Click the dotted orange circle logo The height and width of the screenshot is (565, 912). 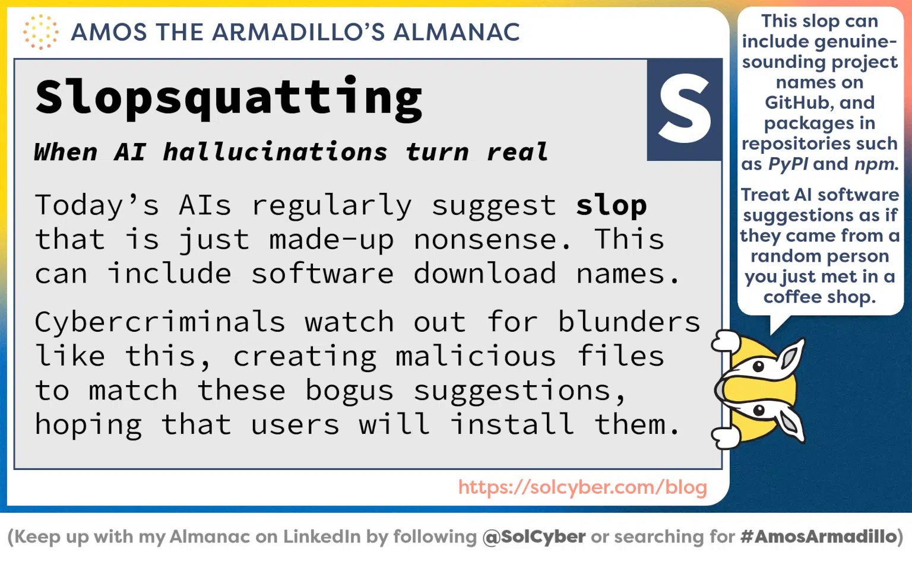click(x=40, y=32)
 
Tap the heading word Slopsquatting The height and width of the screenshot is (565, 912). click(x=229, y=97)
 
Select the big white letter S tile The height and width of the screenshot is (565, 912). click(x=685, y=109)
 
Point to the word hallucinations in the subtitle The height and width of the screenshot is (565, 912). click(x=275, y=152)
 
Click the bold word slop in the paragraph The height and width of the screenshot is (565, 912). click(x=611, y=205)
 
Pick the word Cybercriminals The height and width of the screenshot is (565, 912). click(x=160, y=322)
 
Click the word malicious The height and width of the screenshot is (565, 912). click(x=476, y=357)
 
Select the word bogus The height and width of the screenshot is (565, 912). click(x=349, y=391)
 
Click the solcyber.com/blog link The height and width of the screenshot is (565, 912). click(x=582, y=487)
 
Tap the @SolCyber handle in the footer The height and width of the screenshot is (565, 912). click(x=534, y=537)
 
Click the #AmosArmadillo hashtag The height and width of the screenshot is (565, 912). click(x=819, y=537)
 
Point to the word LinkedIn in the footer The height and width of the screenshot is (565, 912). click(x=321, y=537)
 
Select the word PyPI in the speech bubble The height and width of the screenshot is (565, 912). click(x=788, y=164)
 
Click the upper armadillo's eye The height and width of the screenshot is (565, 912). click(x=758, y=366)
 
